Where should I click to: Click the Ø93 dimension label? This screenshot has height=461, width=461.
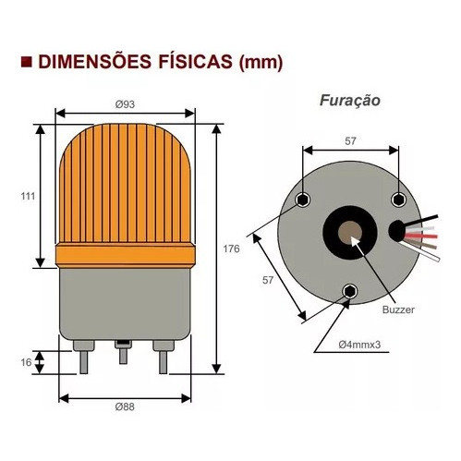(x=125, y=104)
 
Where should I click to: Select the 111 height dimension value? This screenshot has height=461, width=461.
(x=28, y=196)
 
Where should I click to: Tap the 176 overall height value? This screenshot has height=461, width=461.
(x=231, y=249)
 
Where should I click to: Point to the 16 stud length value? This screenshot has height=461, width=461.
(x=27, y=362)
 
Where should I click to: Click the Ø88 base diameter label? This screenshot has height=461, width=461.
(x=125, y=406)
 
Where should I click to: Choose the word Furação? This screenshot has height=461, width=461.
(x=350, y=101)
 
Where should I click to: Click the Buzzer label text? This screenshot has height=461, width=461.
(x=398, y=309)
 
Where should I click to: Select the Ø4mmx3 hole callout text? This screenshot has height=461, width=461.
(x=359, y=345)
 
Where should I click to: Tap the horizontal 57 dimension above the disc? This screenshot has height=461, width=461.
(x=350, y=141)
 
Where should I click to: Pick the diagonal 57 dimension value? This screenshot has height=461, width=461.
(x=268, y=280)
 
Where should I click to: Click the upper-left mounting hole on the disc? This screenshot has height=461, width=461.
(x=303, y=200)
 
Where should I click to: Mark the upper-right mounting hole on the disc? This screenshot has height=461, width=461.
(x=398, y=200)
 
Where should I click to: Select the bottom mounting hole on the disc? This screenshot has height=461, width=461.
(x=349, y=291)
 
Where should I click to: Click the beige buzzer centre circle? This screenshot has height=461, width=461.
(x=350, y=233)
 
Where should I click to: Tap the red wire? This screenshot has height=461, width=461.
(x=420, y=237)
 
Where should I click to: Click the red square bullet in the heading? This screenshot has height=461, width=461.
(x=27, y=62)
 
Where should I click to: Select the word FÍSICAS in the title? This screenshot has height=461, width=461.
(x=196, y=62)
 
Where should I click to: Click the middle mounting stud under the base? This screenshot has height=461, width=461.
(x=123, y=352)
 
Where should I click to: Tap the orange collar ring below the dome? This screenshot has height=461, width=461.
(x=125, y=255)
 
